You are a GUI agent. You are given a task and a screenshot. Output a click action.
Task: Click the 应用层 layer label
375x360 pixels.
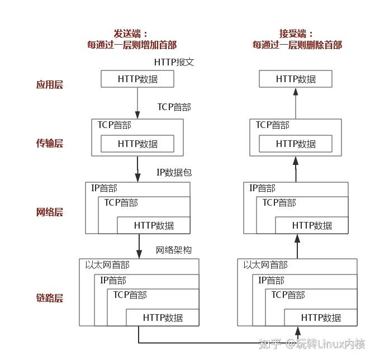coord(50,85)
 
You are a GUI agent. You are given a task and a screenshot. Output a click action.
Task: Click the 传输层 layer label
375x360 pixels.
coord(50,143)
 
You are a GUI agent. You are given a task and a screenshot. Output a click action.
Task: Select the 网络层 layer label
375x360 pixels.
coord(50,212)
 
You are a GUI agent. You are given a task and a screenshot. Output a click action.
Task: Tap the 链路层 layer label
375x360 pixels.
coord(50,297)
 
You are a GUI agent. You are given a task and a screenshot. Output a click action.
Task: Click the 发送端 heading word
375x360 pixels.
coord(128,33)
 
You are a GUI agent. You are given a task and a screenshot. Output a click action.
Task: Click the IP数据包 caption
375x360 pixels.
coord(174,172)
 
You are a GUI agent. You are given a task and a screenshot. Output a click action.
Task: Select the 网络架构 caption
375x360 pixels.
coord(173,250)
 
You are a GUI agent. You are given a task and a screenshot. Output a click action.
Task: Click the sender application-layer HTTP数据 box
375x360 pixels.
coord(137,79)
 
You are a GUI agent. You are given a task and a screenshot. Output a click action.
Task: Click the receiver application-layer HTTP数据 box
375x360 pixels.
coord(296,79)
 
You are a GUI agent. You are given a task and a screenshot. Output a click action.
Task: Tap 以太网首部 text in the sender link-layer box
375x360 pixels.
coord(107,265)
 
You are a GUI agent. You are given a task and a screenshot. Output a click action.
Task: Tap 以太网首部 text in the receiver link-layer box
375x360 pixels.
coord(265,265)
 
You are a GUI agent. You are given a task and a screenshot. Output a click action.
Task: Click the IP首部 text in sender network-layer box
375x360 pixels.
coord(105,188)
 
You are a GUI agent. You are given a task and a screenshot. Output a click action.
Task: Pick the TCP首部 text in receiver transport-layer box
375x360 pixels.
coord(273,125)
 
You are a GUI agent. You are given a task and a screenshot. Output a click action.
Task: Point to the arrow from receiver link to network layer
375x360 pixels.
coord(297,246)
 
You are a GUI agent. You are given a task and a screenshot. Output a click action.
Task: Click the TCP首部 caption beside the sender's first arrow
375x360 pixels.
coord(174,107)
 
